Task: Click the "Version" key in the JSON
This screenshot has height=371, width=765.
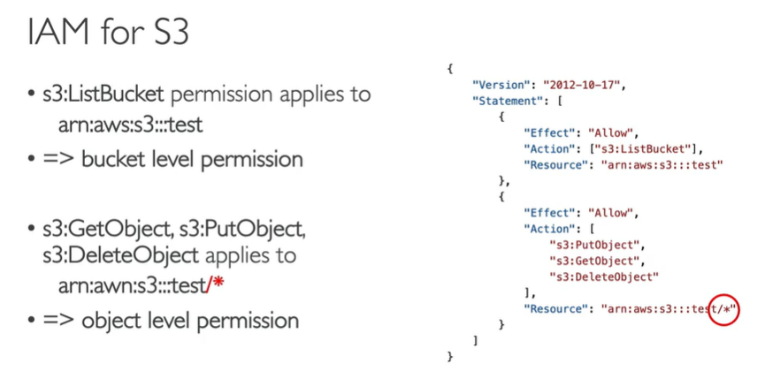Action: (x=496, y=85)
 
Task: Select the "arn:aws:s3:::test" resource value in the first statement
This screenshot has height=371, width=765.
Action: (x=662, y=164)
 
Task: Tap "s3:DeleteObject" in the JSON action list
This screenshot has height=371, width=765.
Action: (x=603, y=276)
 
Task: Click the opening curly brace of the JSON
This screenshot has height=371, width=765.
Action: (x=451, y=68)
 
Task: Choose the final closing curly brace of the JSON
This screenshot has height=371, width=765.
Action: (x=451, y=356)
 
